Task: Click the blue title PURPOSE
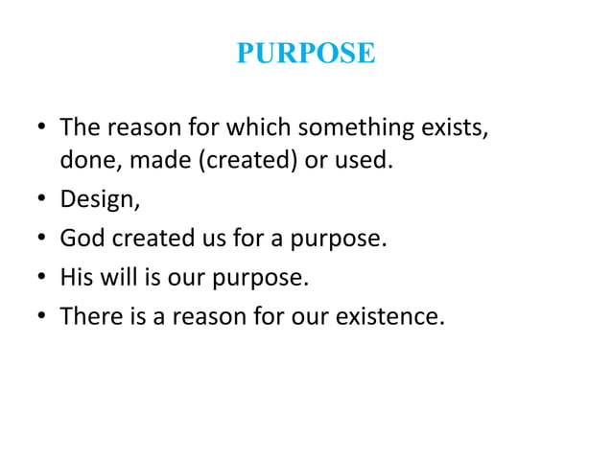(x=305, y=54)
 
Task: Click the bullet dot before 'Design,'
(x=40, y=200)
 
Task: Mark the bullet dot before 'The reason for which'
(x=40, y=127)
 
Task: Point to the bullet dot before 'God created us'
(x=40, y=239)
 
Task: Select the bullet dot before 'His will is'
(x=40, y=278)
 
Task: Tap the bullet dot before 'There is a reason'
(x=40, y=316)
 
